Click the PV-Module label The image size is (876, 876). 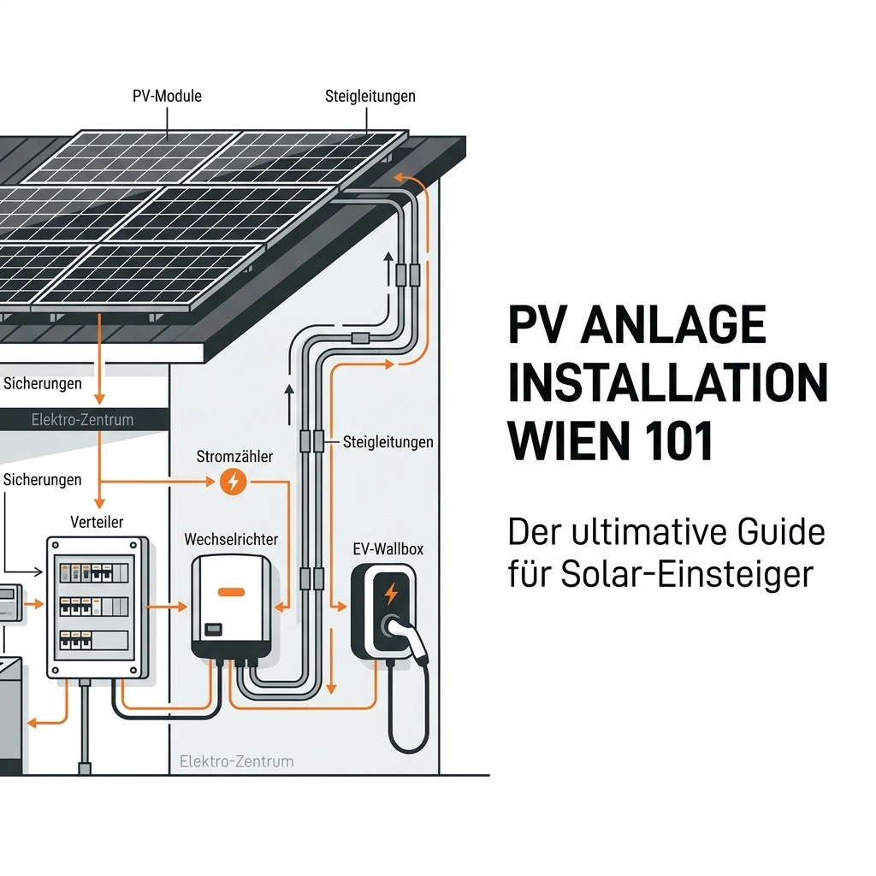pos(167,96)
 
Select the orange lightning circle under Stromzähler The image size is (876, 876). pos(232,482)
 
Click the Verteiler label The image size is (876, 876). pos(96,522)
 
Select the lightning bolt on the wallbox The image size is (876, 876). pos(392,593)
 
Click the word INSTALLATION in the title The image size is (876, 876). pos(667,384)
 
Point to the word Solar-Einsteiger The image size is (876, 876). pos(685,574)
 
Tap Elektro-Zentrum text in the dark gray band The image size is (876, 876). pos(82,420)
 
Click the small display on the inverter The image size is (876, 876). pos(214,629)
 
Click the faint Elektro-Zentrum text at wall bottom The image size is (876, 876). pos(237,761)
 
